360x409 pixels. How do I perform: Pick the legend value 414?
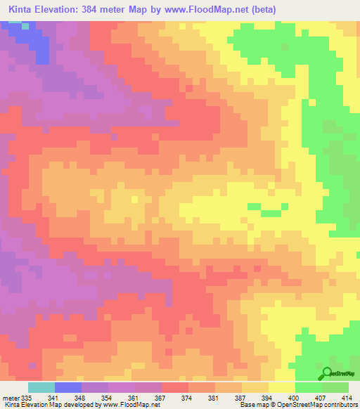pos(347,397)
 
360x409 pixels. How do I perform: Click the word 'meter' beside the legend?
pos(12,397)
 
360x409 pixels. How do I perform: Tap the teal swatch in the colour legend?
pos(41,387)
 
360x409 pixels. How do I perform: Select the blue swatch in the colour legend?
pos(68,387)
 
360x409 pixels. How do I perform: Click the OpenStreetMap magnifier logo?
pos(326,373)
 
